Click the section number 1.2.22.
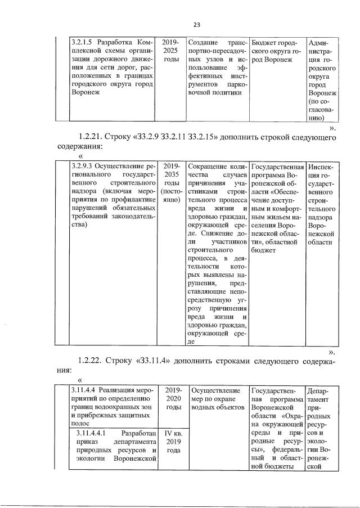(x=93, y=361)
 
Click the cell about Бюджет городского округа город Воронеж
(x=276, y=51)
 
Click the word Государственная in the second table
(x=276, y=167)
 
